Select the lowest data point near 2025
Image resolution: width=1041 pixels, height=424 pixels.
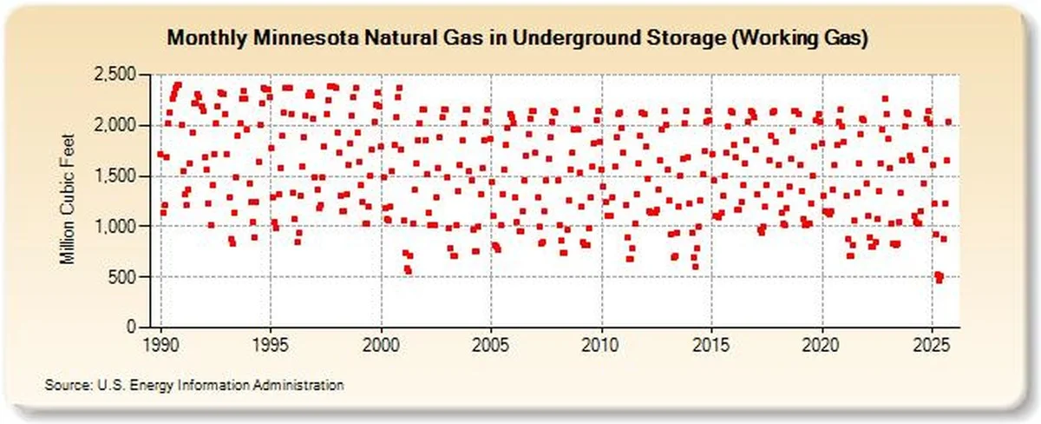click(937, 280)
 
